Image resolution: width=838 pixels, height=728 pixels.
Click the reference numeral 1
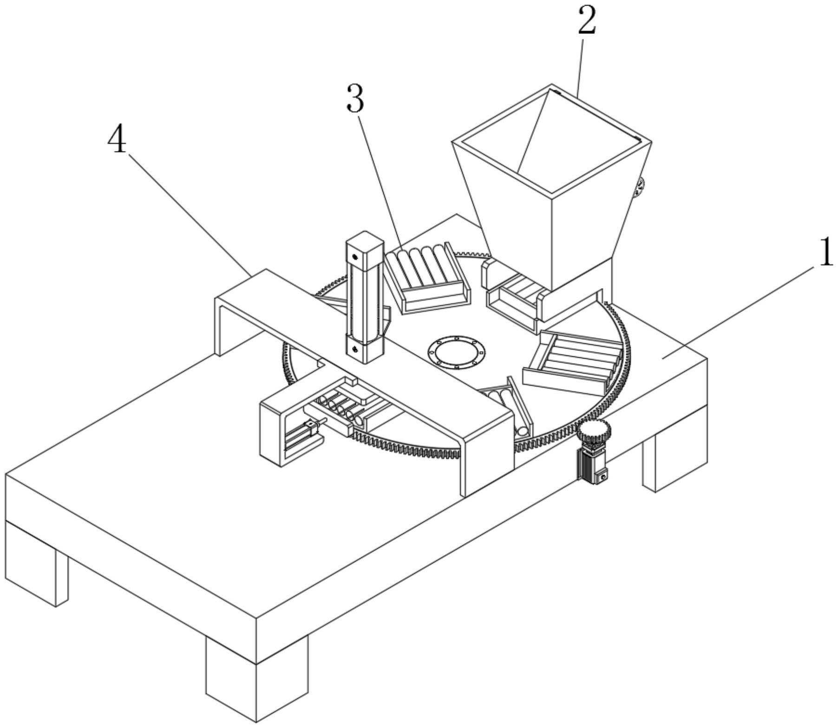[825, 252]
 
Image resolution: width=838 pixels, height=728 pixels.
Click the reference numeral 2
[586, 22]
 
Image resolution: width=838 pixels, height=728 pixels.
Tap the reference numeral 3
[355, 99]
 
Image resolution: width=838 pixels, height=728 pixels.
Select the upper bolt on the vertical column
[355, 256]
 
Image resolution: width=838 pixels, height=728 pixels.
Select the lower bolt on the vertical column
[355, 348]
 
